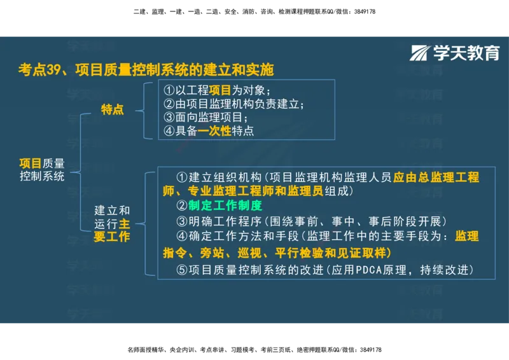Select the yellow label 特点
[x=112, y=109]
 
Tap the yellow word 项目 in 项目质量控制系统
[x=31, y=163]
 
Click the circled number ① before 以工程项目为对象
[x=169, y=90]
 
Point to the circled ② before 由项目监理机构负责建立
[x=169, y=104]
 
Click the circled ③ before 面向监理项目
[x=169, y=117]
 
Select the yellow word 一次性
[x=214, y=130]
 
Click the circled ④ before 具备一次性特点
[x=169, y=130]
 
